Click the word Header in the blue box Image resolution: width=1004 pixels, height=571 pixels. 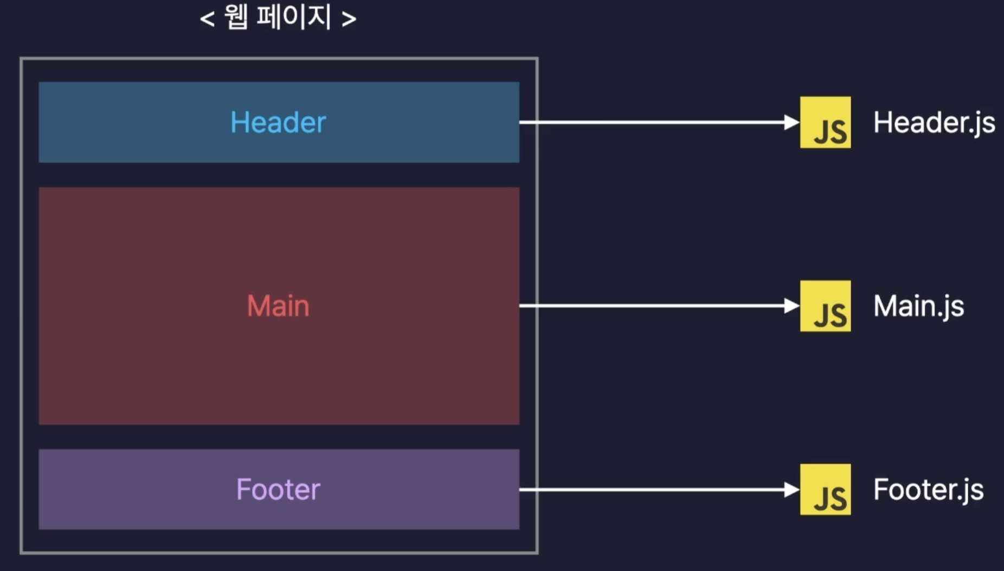278,122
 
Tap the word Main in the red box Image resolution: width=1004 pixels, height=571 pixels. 278,306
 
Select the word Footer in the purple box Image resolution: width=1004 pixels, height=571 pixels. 278,489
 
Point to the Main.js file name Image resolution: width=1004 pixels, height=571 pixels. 919,307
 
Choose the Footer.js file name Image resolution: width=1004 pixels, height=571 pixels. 928,490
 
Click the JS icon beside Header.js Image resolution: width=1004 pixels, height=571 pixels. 825,122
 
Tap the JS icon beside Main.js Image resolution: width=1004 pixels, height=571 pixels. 825,306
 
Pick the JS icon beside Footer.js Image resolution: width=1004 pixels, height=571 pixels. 825,489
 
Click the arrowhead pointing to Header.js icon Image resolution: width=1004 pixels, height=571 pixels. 792,122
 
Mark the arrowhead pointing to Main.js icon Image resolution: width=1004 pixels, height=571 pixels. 792,306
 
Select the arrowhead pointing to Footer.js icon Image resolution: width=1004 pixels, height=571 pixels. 792,490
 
